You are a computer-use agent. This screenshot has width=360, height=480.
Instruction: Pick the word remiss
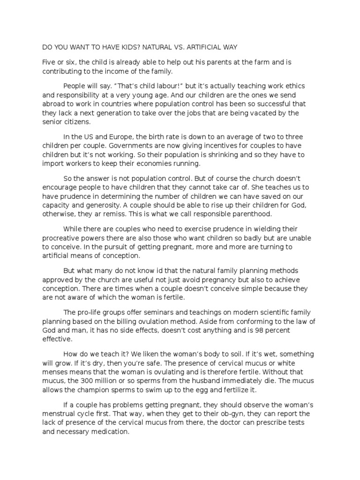[113, 213]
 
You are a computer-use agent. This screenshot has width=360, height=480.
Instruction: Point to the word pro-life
[90, 312]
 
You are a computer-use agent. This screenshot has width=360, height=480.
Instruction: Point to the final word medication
[109, 432]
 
